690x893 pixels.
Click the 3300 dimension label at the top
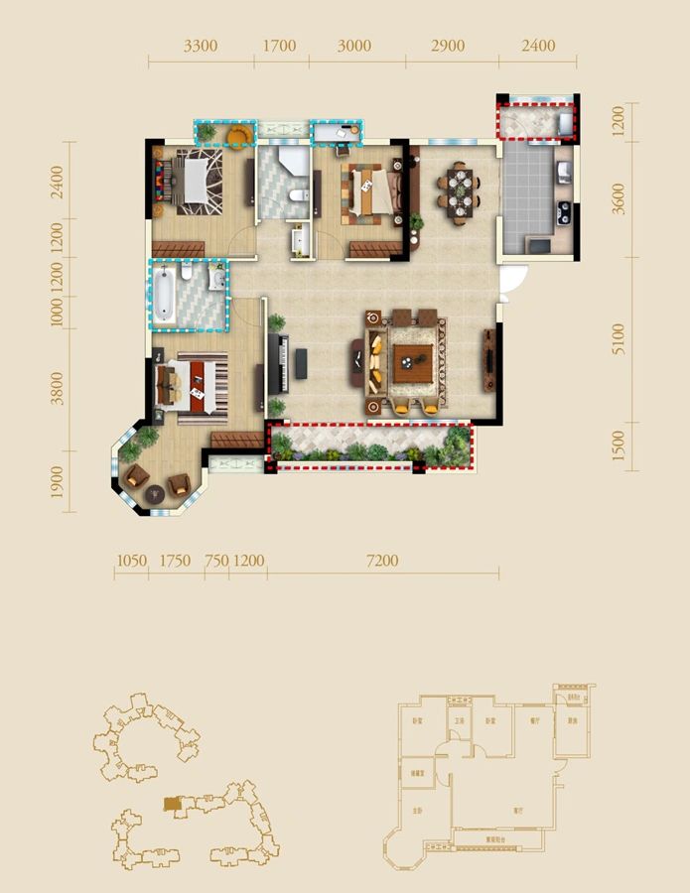(202, 46)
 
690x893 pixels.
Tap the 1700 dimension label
(281, 46)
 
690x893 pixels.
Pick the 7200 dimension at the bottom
(381, 561)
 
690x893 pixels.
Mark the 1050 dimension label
(131, 561)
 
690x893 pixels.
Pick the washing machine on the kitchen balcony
(566, 123)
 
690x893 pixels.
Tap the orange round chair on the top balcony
(239, 133)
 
